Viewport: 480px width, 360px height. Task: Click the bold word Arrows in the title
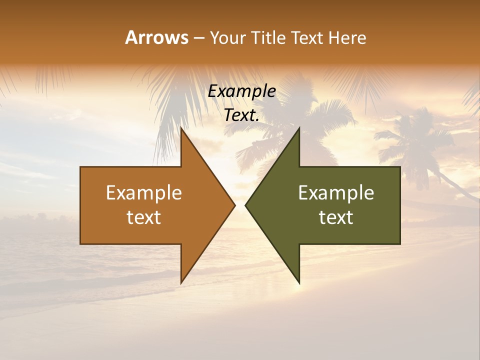[156, 37]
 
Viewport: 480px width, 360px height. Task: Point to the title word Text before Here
[308, 37]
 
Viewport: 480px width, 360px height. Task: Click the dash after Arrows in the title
[198, 38]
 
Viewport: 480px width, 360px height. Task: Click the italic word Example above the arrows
[241, 91]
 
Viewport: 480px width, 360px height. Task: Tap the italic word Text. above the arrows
[241, 115]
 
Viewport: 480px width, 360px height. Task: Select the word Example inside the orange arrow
[144, 192]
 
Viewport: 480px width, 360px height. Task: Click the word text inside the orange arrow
[144, 217]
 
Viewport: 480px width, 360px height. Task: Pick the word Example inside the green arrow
[336, 192]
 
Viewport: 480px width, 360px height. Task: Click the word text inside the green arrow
[336, 217]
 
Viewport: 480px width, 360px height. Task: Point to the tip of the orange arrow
[234, 205]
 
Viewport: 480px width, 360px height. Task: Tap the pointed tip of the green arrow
[245, 205]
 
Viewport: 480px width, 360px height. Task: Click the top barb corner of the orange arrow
[181, 127]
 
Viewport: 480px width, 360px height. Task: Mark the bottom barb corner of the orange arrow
[181, 282]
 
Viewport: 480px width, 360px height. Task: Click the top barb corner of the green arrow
[299, 127]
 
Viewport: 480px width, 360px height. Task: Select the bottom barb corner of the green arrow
[299, 282]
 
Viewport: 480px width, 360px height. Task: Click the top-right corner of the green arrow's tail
[400, 167]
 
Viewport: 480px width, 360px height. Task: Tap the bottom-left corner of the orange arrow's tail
[80, 244]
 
